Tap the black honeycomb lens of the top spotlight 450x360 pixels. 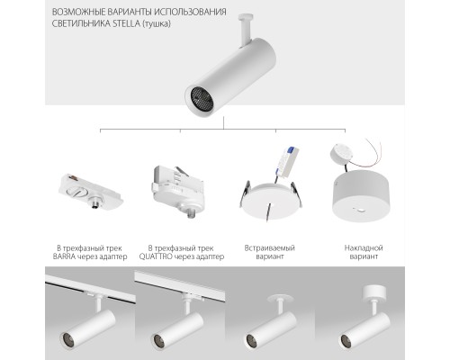tap(202, 99)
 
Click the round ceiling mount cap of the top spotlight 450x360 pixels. tap(246, 16)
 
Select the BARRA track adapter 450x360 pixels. tap(90, 191)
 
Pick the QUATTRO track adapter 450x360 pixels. tap(176, 190)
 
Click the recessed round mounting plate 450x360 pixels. tap(271, 201)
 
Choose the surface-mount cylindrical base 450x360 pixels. tap(360, 195)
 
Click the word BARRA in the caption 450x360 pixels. tap(64, 256)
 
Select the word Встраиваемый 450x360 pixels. tap(269, 248)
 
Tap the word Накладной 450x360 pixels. tap(364, 248)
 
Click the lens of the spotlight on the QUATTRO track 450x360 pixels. tap(158, 340)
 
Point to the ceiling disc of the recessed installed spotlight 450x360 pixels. tap(278, 298)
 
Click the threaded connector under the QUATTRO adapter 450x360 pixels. tap(191, 211)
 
